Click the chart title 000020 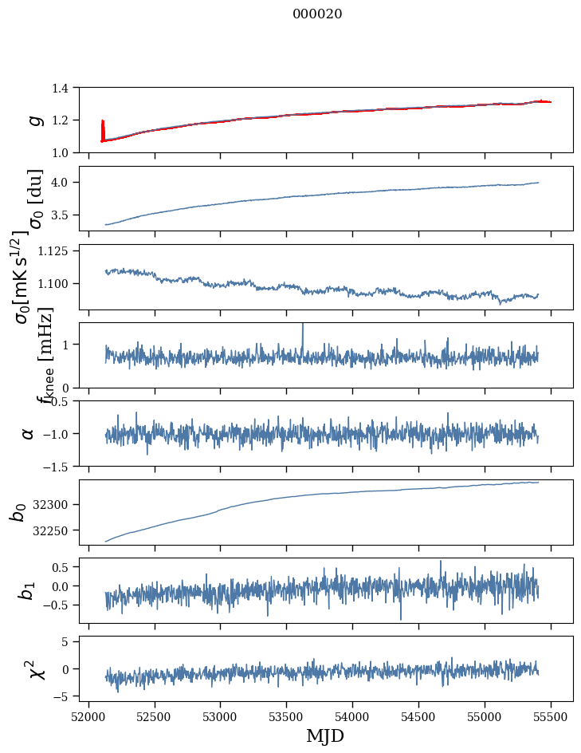317,14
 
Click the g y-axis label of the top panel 34,120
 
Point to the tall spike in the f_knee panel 303,329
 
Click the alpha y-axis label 28,433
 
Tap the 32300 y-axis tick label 57,504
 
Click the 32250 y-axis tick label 57,530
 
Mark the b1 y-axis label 28,590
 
